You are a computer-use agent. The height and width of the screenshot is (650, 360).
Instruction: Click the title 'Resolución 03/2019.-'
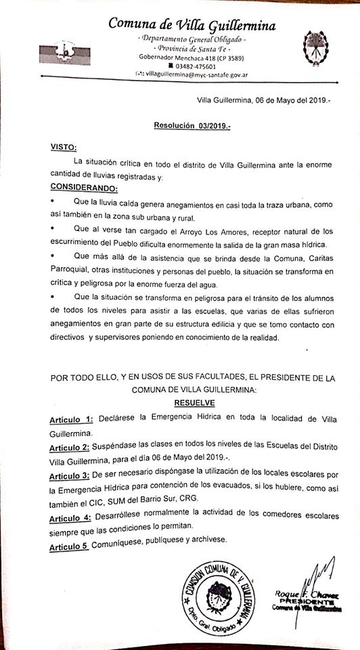192,125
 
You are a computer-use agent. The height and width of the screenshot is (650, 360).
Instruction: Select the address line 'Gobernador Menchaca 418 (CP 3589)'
192,58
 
